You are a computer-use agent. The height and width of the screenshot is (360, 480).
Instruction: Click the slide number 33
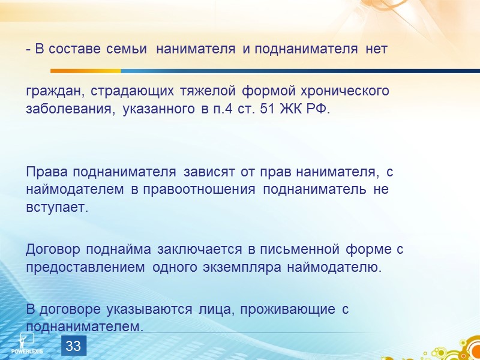pyautogui.click(x=73, y=346)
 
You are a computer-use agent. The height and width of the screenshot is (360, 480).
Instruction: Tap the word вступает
pyautogui.click(x=57, y=208)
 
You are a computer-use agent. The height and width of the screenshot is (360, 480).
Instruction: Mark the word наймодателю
pyautogui.click(x=341, y=267)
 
